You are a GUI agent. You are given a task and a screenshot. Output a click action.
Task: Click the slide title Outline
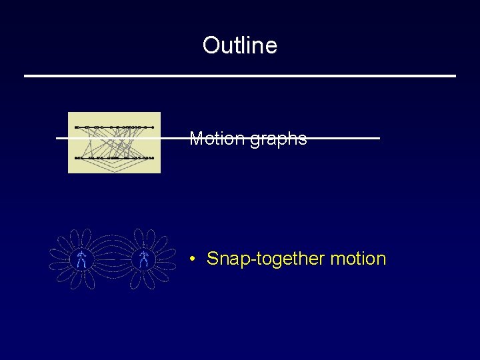point(239,45)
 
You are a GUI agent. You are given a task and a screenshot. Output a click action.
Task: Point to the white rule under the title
point(240,76)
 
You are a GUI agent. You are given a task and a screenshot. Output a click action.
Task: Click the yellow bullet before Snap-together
point(191,259)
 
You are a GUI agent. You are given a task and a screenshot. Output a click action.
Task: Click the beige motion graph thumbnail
point(114,143)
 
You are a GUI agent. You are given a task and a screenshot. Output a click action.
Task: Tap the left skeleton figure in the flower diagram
point(81,259)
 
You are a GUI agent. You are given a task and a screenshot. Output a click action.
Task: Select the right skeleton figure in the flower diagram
point(143,259)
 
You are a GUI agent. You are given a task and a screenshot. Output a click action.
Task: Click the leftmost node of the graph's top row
point(77,127)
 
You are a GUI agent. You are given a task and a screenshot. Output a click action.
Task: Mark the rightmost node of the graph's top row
point(153,127)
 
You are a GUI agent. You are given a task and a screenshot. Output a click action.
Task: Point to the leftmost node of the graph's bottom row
point(77,158)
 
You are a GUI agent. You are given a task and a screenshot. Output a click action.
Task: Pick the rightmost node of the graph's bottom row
point(153,158)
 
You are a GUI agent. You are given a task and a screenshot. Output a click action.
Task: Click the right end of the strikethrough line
point(378,138)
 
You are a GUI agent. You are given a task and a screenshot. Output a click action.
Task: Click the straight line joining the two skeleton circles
point(112,259)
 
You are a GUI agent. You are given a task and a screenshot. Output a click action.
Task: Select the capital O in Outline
point(211,45)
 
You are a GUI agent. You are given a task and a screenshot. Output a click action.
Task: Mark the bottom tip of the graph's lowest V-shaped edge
point(115,171)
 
